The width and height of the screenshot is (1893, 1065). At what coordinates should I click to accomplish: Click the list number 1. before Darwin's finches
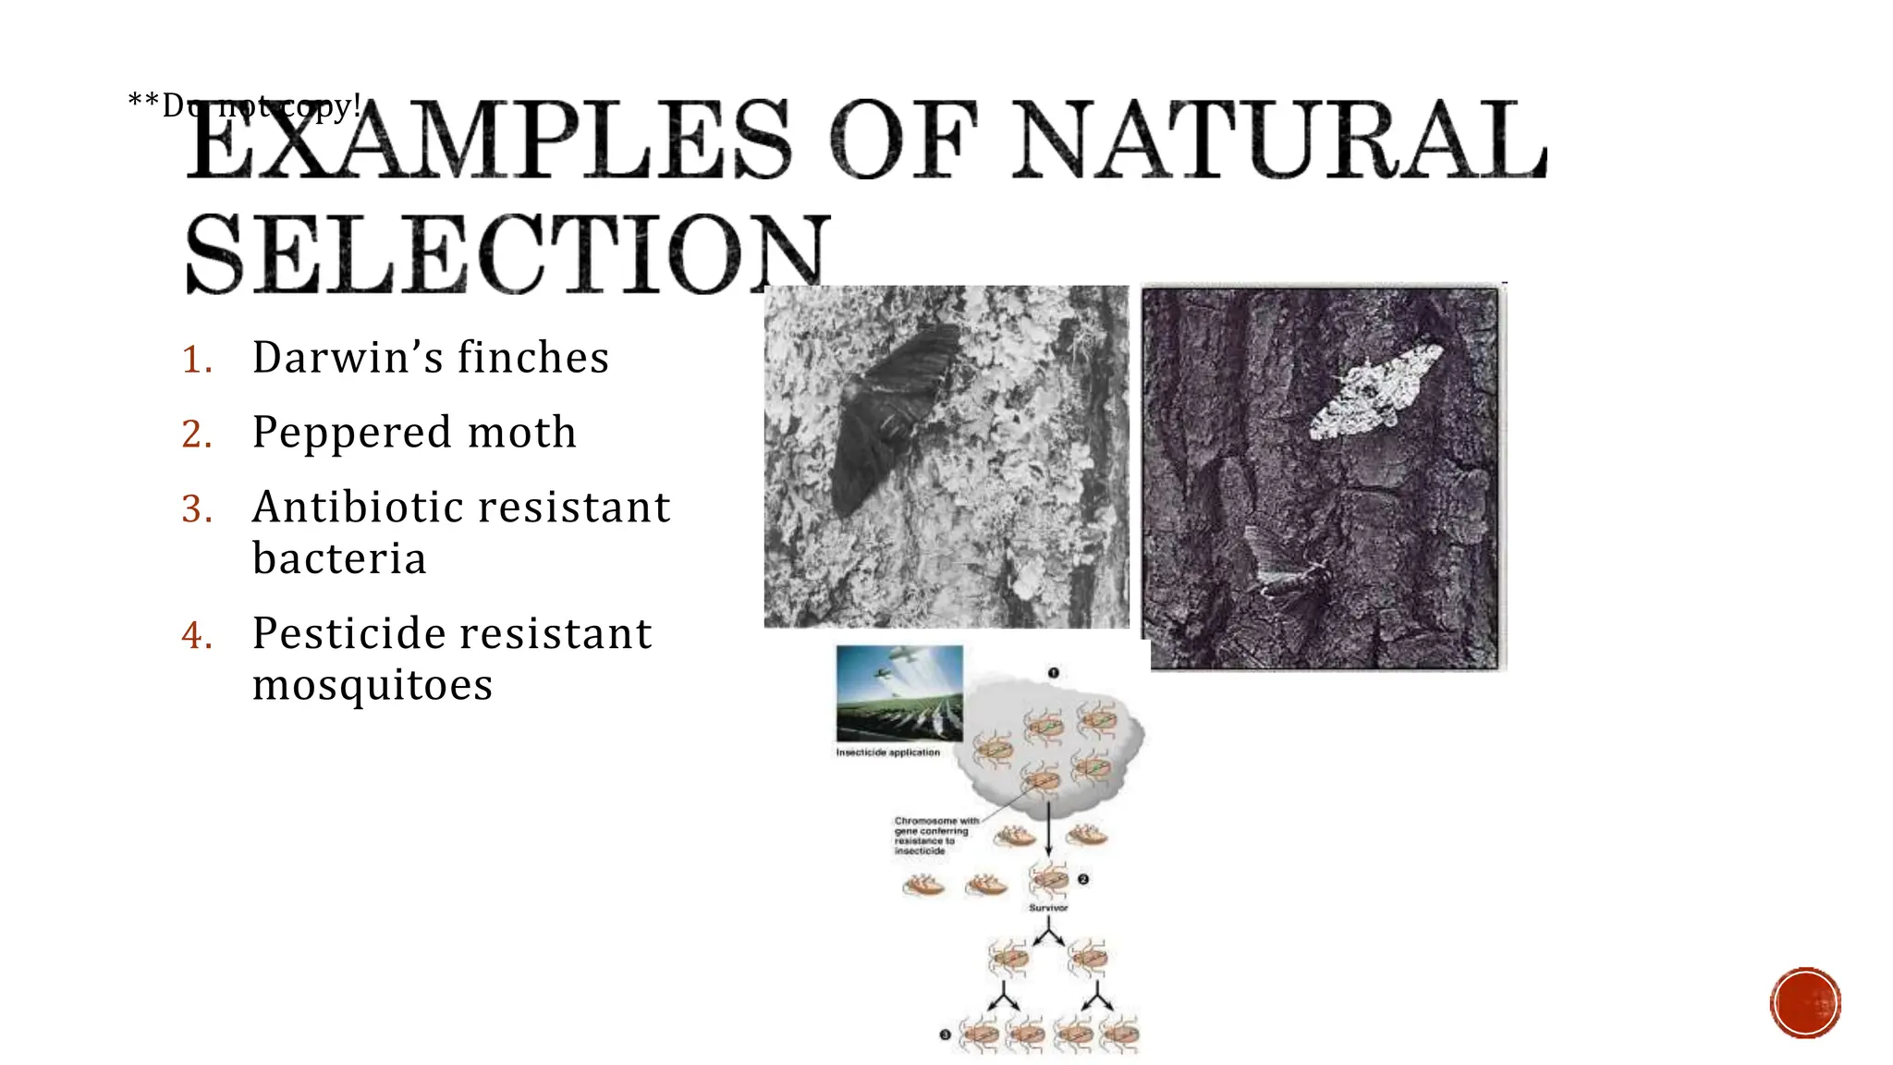coord(197,360)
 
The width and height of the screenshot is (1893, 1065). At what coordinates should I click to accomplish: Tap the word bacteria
coord(339,558)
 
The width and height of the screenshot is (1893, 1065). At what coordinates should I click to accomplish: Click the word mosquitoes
coord(372,685)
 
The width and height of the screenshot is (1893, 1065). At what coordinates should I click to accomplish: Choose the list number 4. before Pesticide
coord(197,635)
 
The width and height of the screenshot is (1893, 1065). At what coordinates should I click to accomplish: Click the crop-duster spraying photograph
coord(898,693)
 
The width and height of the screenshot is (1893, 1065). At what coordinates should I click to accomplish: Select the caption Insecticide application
coord(887,753)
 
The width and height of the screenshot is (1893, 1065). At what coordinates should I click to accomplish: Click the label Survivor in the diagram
coord(1048,908)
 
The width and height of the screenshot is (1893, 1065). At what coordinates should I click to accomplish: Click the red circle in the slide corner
coord(1804,1003)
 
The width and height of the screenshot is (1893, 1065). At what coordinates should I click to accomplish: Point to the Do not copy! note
coord(244,106)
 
